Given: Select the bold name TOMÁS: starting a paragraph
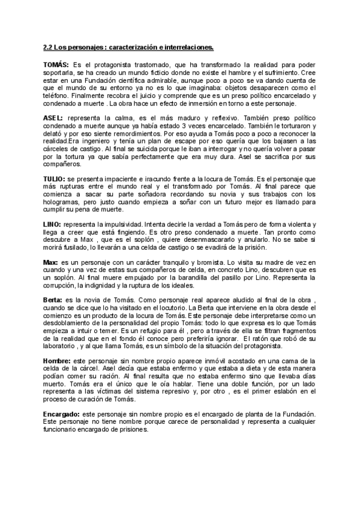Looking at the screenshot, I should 56,64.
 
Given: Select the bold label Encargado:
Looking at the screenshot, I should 62,415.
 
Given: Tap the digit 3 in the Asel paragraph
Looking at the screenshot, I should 212,126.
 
